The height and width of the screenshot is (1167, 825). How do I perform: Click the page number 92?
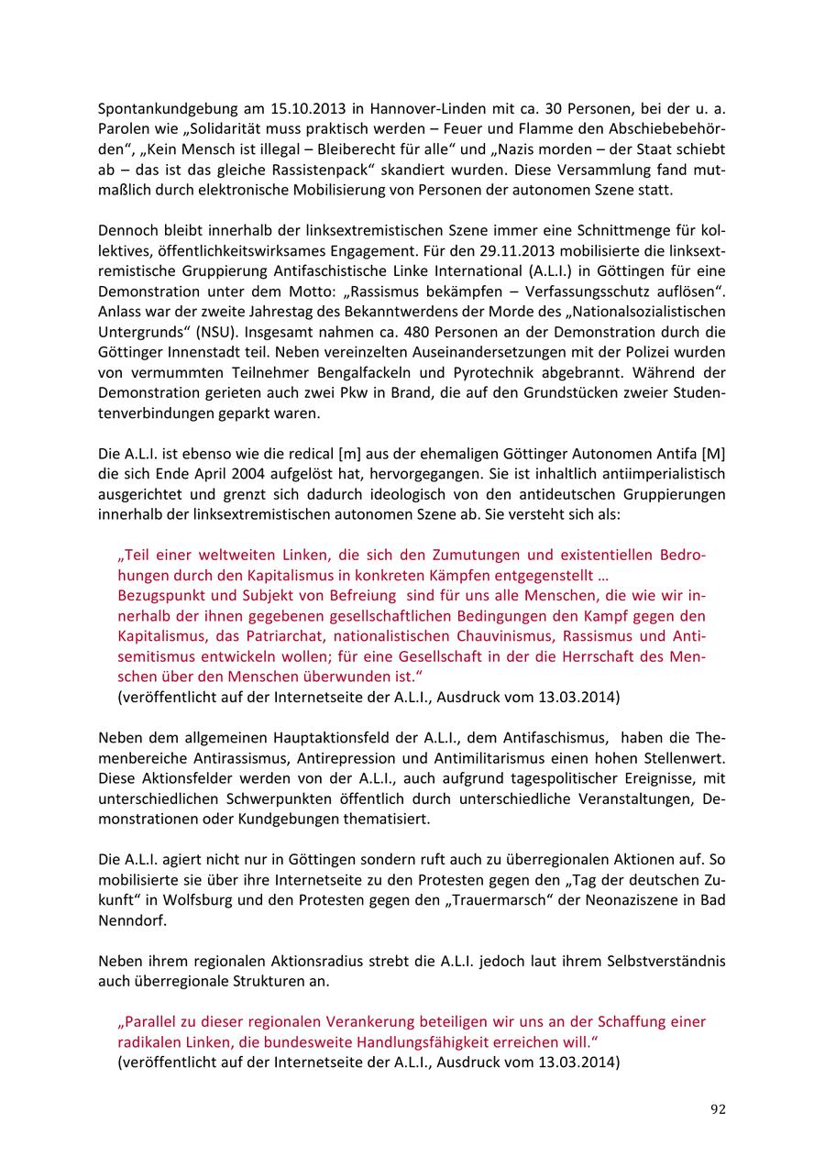click(x=718, y=1109)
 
